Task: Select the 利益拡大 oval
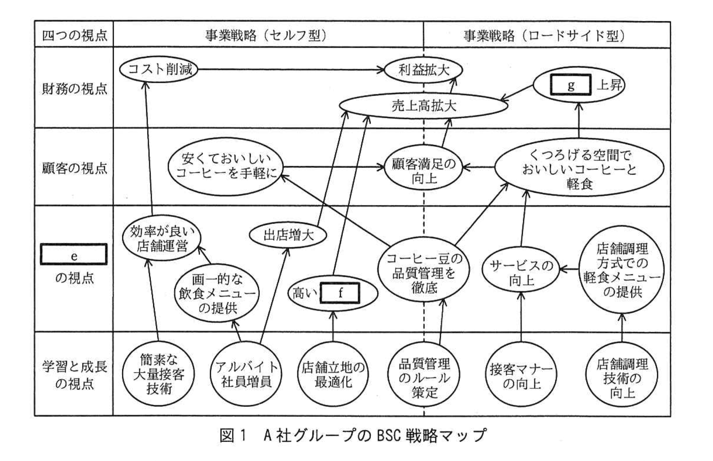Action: click(x=423, y=70)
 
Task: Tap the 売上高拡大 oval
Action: click(x=423, y=105)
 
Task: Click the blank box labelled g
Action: click(x=570, y=85)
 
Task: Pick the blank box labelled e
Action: click(x=74, y=255)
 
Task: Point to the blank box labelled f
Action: click(x=340, y=293)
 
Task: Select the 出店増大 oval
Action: click(x=288, y=235)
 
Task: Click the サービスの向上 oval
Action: click(x=521, y=273)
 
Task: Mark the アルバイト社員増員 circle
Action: click(x=246, y=374)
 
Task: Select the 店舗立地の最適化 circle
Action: click(x=333, y=374)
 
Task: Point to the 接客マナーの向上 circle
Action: click(x=521, y=376)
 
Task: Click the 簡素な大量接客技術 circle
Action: click(x=159, y=374)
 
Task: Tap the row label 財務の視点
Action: click(x=74, y=88)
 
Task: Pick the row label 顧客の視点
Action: click(x=74, y=167)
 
